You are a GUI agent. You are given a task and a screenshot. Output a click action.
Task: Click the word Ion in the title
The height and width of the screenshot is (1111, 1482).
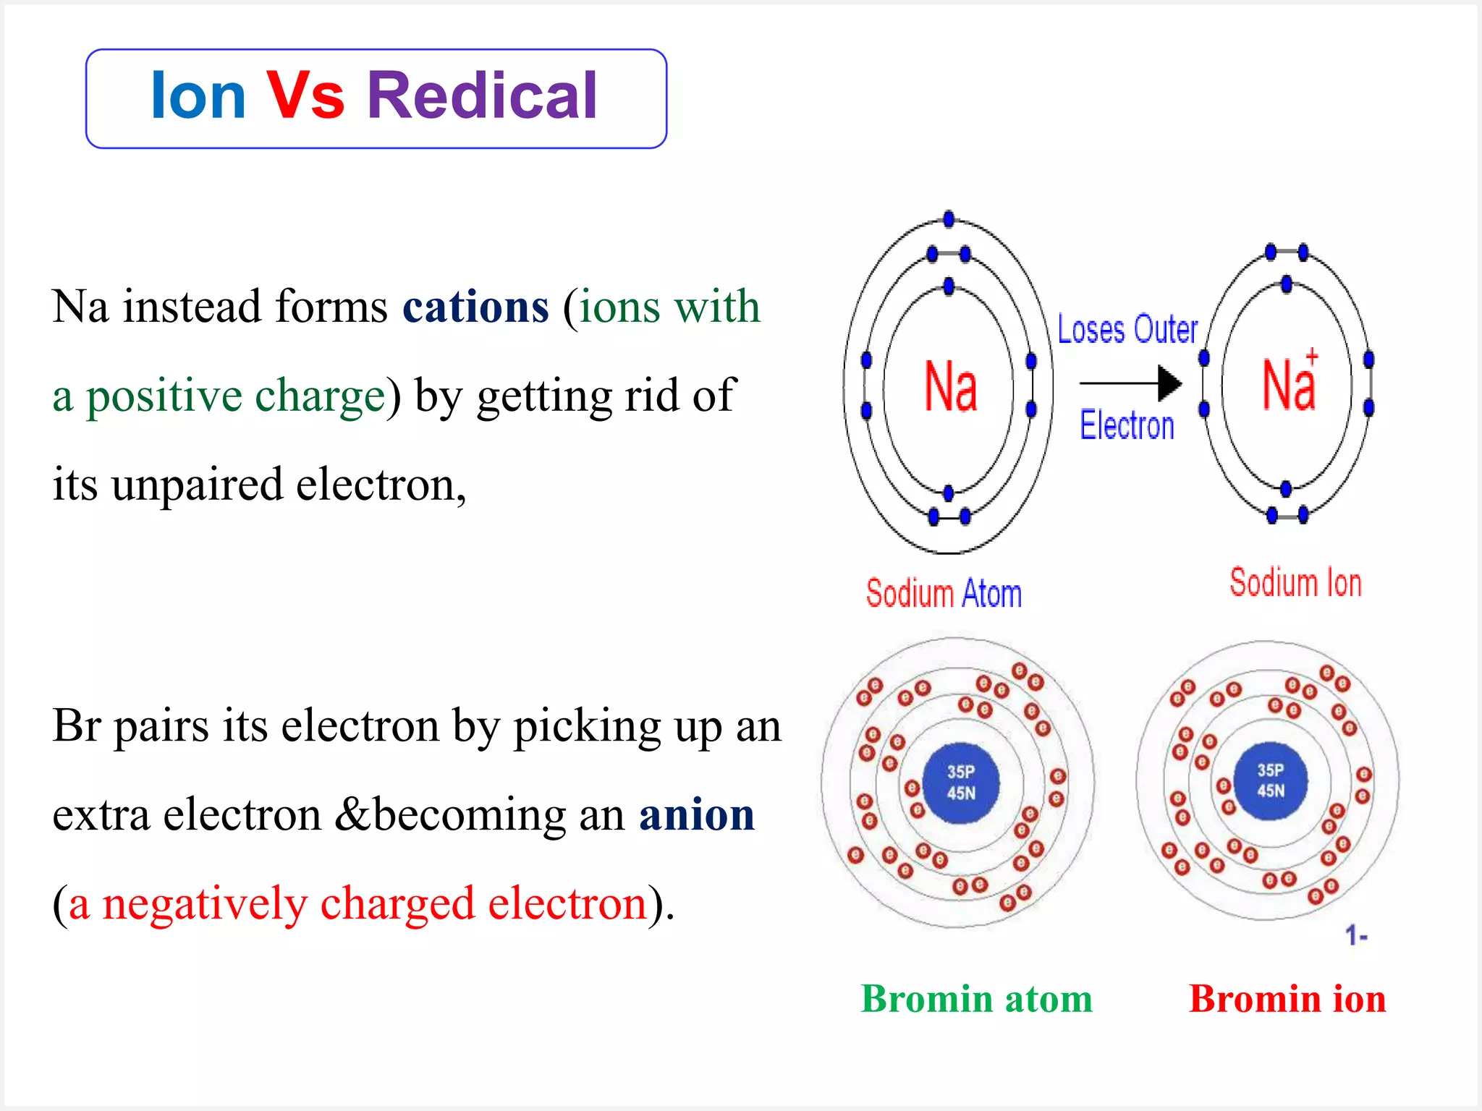[x=198, y=96]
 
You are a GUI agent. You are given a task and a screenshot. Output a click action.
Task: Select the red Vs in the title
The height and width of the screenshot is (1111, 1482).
[x=305, y=96]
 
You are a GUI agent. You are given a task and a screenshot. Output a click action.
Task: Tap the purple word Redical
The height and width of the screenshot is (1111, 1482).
[x=483, y=96]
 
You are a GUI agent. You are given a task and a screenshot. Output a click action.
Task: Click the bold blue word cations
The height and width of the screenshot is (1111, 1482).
[x=475, y=307]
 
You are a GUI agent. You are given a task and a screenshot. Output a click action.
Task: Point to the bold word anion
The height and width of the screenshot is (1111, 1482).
[x=696, y=815]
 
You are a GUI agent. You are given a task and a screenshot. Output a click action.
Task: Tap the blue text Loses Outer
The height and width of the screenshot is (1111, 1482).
[x=1127, y=330]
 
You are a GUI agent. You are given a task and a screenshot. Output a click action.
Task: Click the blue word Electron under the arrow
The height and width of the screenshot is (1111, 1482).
[x=1127, y=425]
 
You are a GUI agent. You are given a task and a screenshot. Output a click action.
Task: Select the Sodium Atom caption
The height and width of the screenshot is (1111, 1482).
[x=944, y=594]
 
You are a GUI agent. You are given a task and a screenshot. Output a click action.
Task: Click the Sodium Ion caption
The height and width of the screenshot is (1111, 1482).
[x=1295, y=583]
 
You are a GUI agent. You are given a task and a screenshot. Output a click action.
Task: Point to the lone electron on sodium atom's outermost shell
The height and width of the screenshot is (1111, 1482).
[x=949, y=219]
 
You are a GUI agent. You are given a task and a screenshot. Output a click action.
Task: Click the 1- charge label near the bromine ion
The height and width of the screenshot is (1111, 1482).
[x=1356, y=936]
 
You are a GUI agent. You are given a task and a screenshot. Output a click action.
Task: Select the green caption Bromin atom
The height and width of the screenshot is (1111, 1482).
[x=976, y=999]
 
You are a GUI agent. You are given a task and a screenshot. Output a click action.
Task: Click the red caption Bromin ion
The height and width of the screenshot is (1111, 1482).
[x=1287, y=999]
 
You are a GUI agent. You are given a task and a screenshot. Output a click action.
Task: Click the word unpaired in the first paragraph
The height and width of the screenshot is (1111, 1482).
[x=196, y=485]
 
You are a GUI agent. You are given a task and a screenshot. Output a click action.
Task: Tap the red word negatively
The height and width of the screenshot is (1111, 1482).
[x=205, y=904]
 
